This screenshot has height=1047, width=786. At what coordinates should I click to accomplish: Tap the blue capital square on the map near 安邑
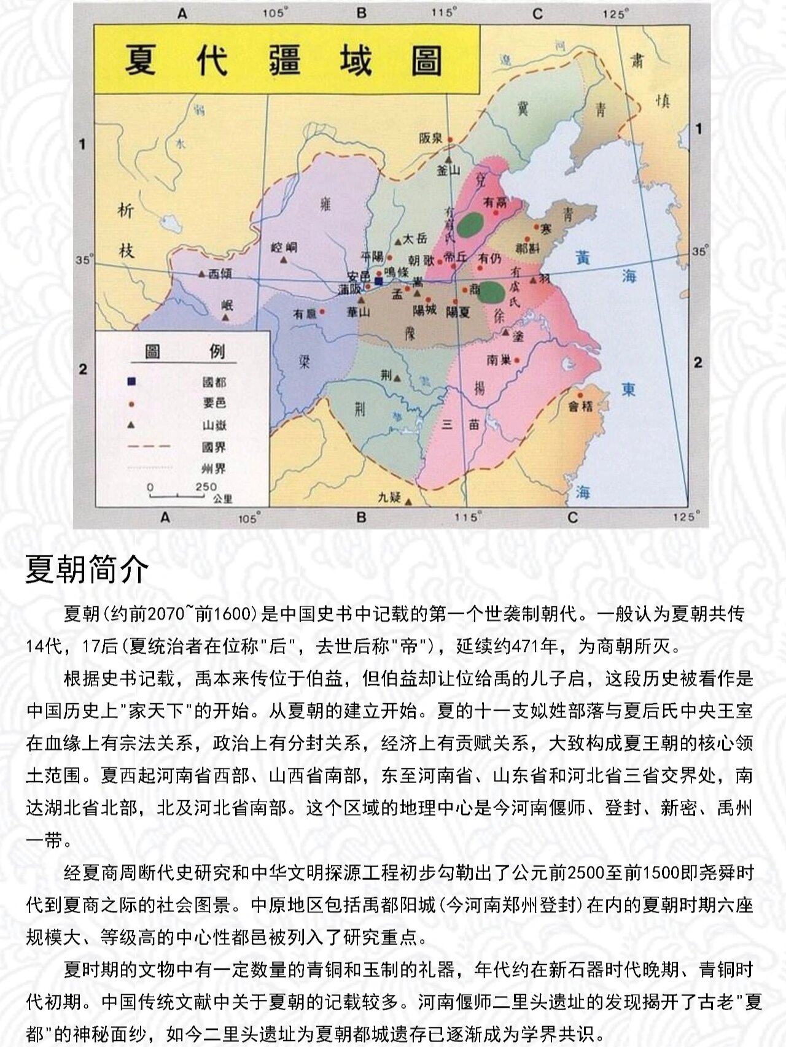click(x=379, y=280)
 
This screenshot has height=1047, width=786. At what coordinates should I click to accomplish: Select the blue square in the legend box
click(x=131, y=382)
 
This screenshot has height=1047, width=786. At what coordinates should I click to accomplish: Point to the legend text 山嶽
click(x=214, y=425)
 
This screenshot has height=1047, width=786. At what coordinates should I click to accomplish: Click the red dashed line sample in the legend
click(x=149, y=447)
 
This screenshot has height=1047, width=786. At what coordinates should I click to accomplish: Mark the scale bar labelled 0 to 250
click(x=178, y=493)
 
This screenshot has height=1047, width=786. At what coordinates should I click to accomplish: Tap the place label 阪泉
click(x=431, y=139)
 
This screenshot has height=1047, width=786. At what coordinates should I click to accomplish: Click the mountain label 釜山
click(x=448, y=171)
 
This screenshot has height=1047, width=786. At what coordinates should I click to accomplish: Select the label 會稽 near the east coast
click(x=580, y=406)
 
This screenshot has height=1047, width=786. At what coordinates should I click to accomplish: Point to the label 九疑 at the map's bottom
click(x=389, y=497)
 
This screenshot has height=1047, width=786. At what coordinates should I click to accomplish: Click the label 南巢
click(x=499, y=360)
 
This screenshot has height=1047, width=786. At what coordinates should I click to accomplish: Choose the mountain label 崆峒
click(x=284, y=247)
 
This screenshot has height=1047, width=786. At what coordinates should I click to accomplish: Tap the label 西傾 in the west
click(x=220, y=274)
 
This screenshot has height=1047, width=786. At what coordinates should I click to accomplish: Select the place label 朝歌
click(x=421, y=261)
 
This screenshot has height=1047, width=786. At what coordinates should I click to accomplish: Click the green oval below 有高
click(x=471, y=225)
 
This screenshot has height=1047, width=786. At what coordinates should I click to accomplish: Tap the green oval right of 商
click(x=491, y=293)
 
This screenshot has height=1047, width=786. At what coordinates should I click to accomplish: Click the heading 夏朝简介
click(x=87, y=569)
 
